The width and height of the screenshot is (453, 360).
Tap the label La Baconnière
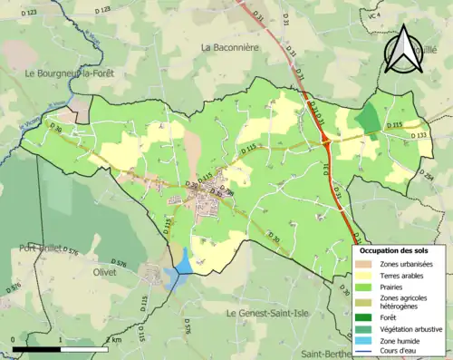pyautogui.click(x=231, y=47)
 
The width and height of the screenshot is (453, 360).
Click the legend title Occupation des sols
pyautogui.click(x=393, y=250)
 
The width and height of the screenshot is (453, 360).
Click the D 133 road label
pyautogui.click(x=421, y=135)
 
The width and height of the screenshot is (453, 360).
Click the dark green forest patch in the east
pyautogui.click(x=368, y=117)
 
